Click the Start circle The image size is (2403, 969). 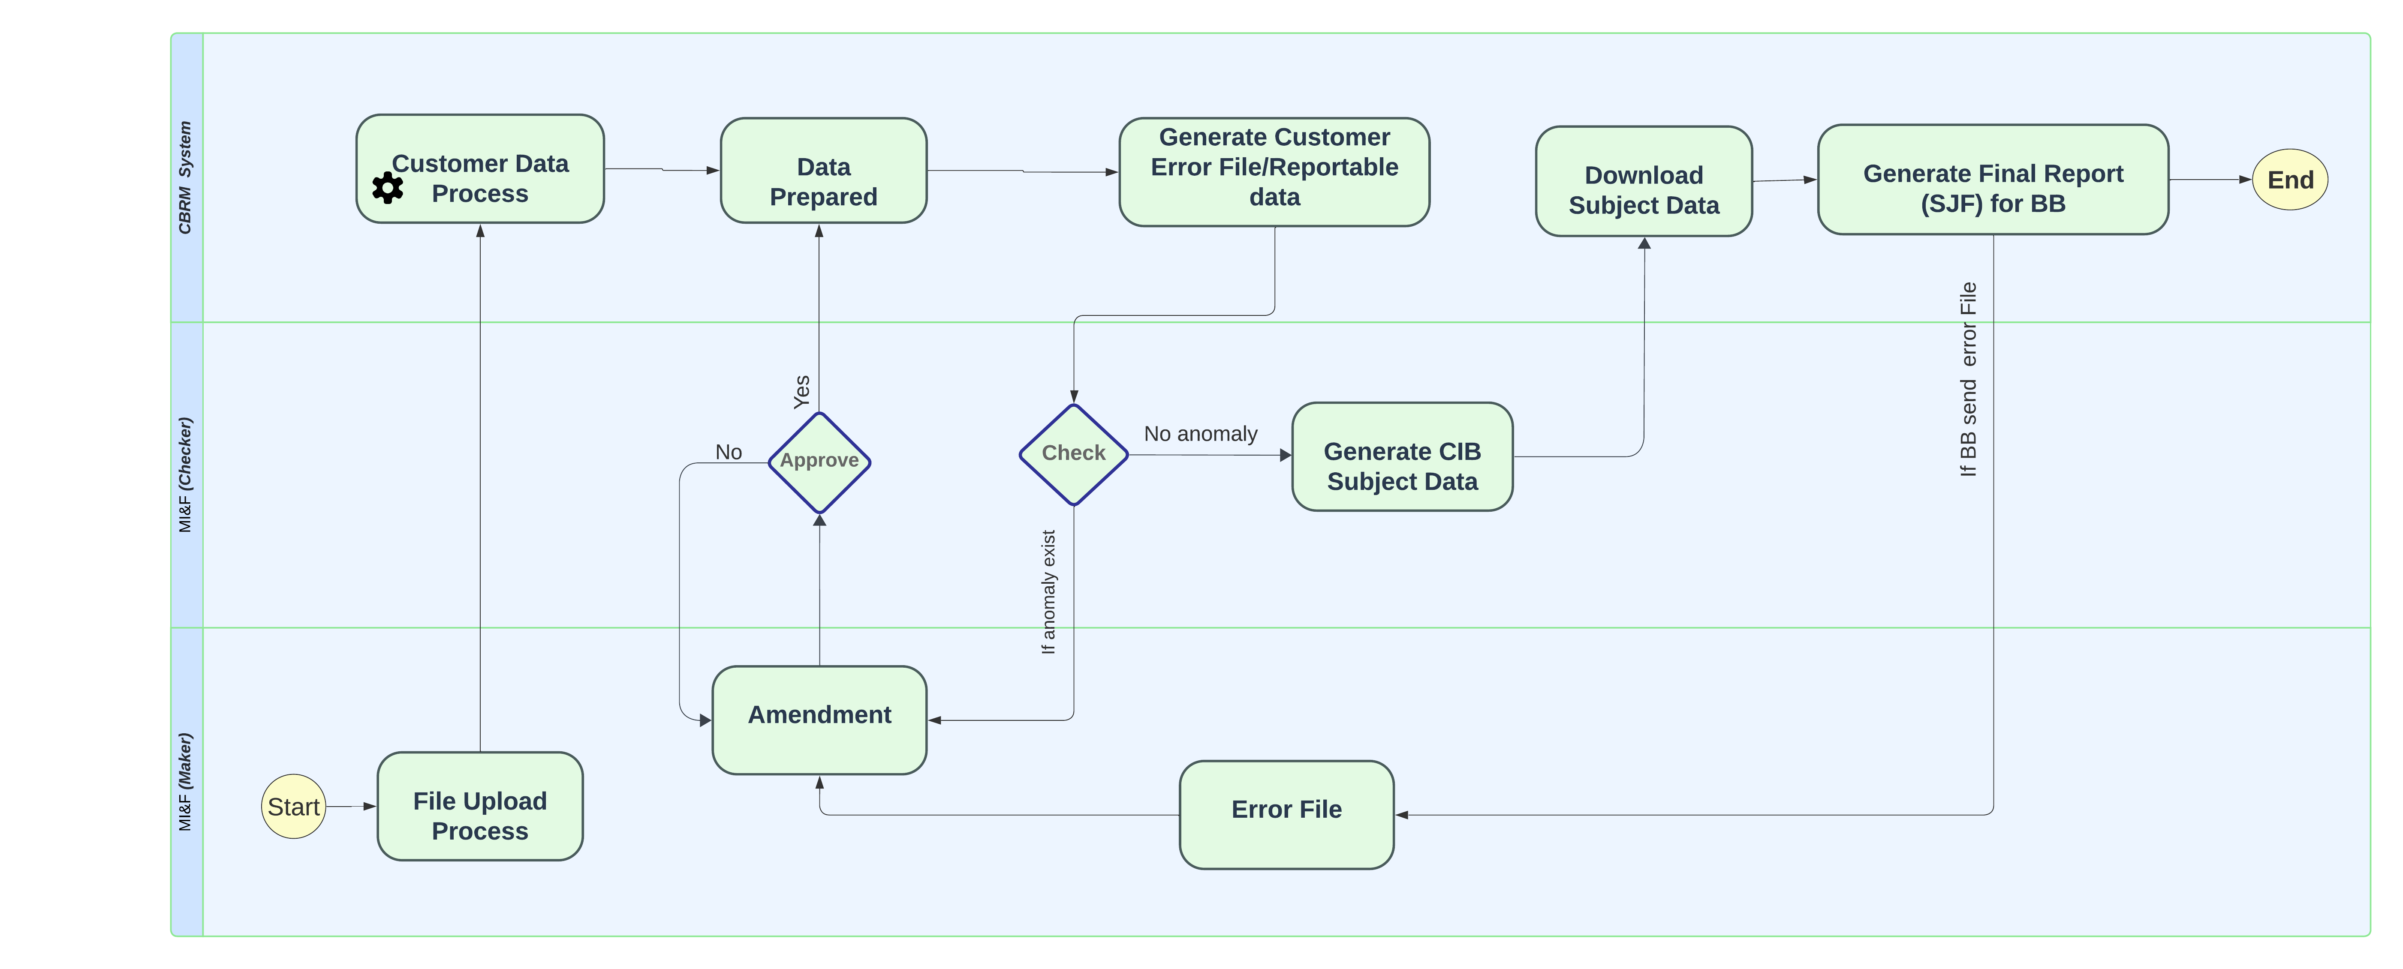[294, 807]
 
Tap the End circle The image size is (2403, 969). [2290, 180]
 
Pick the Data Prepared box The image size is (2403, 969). [824, 171]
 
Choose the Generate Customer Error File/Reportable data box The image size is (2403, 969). [1274, 171]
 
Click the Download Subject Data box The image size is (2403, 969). [1644, 181]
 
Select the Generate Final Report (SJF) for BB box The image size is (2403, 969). [1993, 179]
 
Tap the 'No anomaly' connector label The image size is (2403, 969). [1201, 434]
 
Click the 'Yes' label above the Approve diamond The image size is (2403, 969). [801, 392]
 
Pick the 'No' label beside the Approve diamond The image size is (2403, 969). [729, 452]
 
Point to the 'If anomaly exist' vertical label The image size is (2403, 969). [1048, 592]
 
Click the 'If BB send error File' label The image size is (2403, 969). [1968, 380]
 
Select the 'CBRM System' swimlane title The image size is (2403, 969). [186, 177]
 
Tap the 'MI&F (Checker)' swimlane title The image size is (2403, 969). [186, 475]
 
